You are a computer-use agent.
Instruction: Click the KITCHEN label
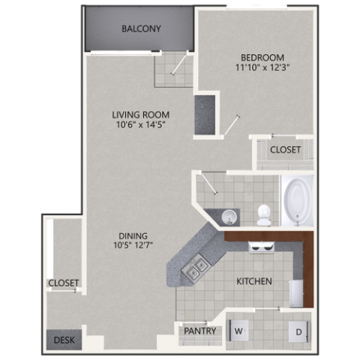[253, 281]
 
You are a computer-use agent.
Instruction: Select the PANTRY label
[199, 331]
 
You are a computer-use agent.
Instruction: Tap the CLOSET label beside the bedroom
[286, 150]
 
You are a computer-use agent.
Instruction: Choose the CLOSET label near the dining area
[64, 283]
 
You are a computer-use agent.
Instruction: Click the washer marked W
[239, 330]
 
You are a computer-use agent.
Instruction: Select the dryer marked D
[298, 331]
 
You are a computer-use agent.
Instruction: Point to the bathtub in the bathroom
[297, 199]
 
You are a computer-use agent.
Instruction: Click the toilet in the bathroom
[264, 213]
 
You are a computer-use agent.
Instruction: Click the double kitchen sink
[195, 270]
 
